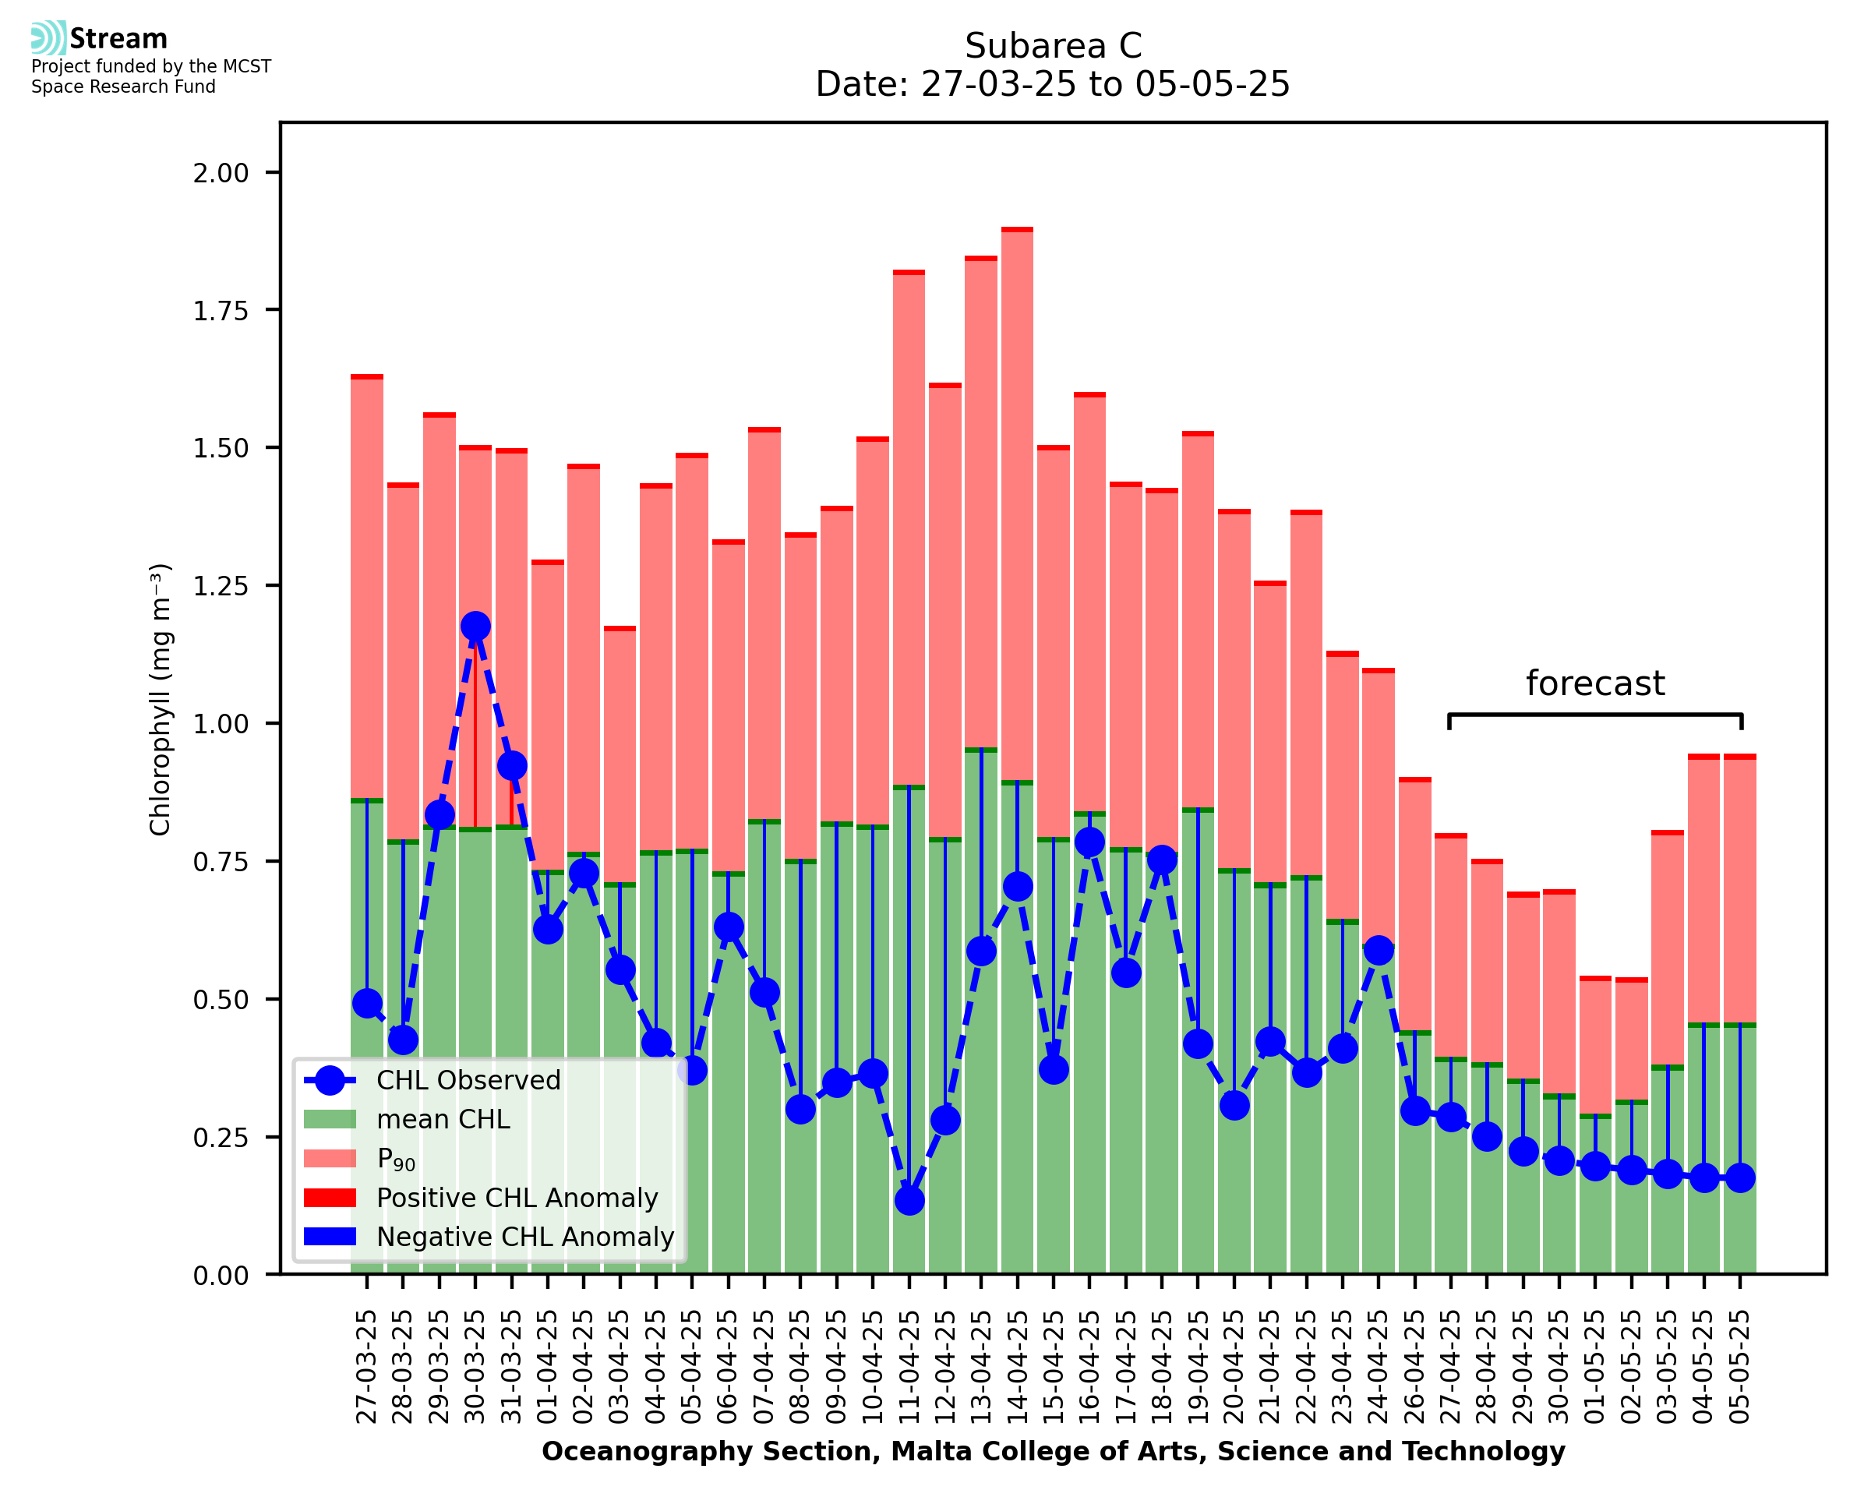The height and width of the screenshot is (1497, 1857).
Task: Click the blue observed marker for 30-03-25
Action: point(475,626)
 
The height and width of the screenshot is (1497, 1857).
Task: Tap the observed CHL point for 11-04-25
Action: point(909,1200)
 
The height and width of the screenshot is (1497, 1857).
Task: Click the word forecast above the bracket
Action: point(1595,683)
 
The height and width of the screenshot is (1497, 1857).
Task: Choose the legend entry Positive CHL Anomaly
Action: point(517,1198)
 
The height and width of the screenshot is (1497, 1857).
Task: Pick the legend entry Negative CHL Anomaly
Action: point(524,1237)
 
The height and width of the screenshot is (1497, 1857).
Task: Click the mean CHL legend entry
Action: point(443,1119)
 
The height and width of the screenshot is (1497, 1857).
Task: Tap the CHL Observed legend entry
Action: point(468,1079)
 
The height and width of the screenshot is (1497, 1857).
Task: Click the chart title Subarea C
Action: point(1053,46)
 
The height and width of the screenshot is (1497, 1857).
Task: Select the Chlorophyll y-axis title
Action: point(161,699)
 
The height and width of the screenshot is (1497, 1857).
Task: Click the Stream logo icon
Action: point(48,38)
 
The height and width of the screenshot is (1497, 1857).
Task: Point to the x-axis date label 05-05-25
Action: point(1741,1367)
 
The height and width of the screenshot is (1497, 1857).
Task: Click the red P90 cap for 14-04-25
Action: point(1017,230)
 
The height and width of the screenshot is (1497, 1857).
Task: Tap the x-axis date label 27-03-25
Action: point(367,1367)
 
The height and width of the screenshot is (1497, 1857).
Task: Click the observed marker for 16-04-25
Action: point(1089,842)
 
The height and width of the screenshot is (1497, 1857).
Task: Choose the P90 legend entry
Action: point(396,1159)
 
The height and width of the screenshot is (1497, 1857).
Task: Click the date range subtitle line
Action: point(1053,84)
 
